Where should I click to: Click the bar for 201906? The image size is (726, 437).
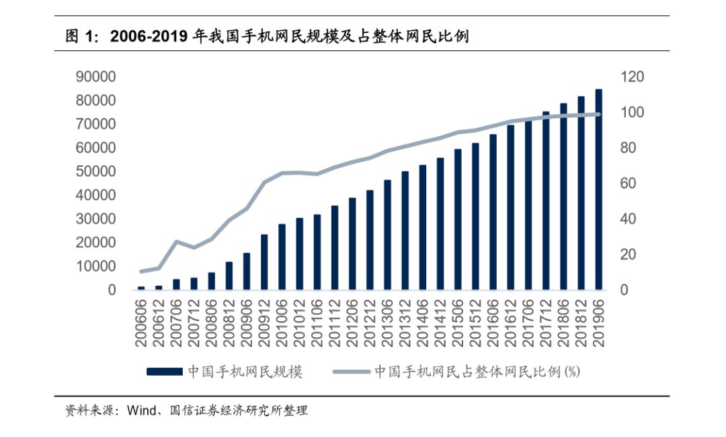598,190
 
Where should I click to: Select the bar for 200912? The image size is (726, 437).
264,262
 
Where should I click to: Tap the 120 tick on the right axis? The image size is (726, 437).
632,77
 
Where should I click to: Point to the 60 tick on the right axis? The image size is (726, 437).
628,184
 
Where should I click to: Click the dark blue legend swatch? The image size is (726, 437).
164,372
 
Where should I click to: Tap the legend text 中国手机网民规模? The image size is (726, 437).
245,372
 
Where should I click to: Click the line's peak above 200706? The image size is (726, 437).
177,241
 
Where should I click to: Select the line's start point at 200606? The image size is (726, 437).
141,272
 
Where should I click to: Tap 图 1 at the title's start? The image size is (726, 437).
78,36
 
